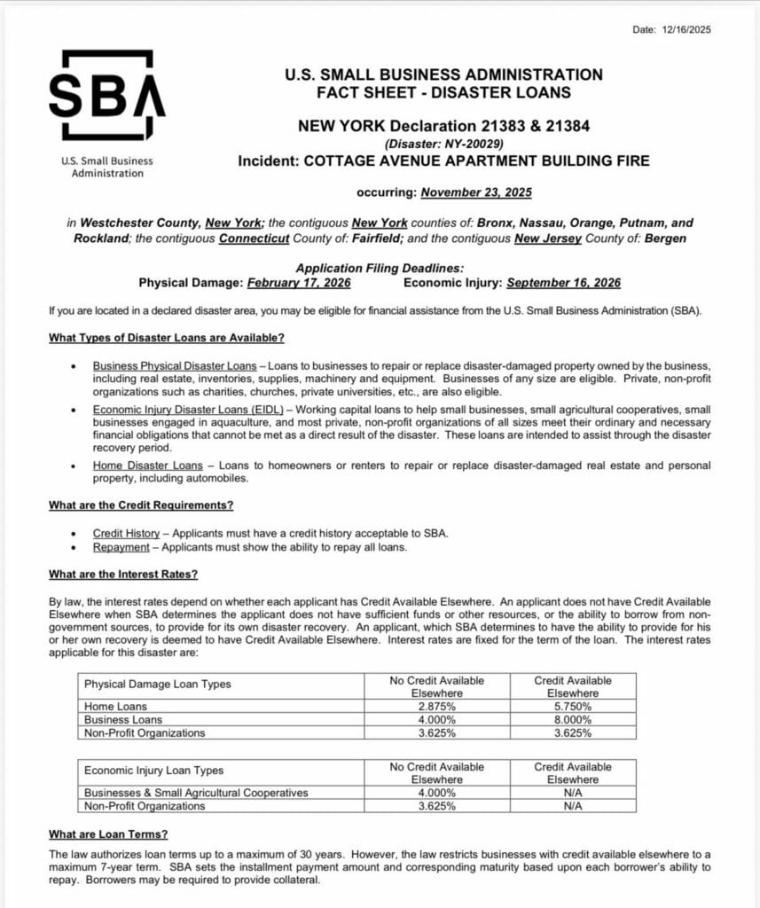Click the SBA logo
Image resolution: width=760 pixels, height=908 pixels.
107,94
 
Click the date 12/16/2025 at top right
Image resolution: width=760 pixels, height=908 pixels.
686,29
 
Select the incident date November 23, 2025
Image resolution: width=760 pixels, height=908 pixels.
476,192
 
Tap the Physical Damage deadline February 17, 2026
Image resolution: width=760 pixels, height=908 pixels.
298,283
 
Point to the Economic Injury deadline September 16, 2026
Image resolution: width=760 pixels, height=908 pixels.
563,283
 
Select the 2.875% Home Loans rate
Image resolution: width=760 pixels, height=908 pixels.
436,707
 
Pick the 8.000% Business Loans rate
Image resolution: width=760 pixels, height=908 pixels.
572,720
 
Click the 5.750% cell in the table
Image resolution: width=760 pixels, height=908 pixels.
572,707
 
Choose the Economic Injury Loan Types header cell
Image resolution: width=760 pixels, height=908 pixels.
153,771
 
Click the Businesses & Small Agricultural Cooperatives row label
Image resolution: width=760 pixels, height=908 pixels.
196,793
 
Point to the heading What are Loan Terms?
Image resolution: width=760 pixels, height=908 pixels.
108,834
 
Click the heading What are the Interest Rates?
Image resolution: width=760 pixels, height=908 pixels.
123,574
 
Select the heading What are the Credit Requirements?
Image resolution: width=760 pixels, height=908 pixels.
141,505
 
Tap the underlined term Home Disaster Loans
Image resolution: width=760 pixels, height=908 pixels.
147,466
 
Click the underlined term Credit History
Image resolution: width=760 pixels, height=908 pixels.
126,533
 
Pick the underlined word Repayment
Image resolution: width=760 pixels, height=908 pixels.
121,547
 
